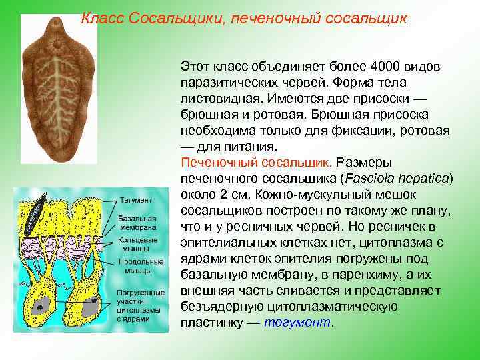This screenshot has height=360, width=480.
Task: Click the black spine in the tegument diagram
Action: pyautogui.click(x=35, y=212)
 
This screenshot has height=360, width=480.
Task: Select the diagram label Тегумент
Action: pyautogui.click(x=135, y=200)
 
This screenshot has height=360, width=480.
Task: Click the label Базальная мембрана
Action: pyautogui.click(x=137, y=223)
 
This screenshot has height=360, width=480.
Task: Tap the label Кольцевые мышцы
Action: pyautogui.click(x=137, y=244)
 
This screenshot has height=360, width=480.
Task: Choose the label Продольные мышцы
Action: pyautogui.click(x=140, y=266)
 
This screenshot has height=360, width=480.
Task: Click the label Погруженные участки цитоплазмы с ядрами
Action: pyautogui.click(x=140, y=306)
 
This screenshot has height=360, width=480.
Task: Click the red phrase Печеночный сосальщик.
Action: pyautogui.click(x=256, y=162)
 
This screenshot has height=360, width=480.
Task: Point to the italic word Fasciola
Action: pyautogui.click(x=371, y=179)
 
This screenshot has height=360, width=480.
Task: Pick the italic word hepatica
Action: pyautogui.click(x=426, y=179)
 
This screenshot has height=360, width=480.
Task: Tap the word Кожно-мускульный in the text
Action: pyautogui.click(x=287, y=195)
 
